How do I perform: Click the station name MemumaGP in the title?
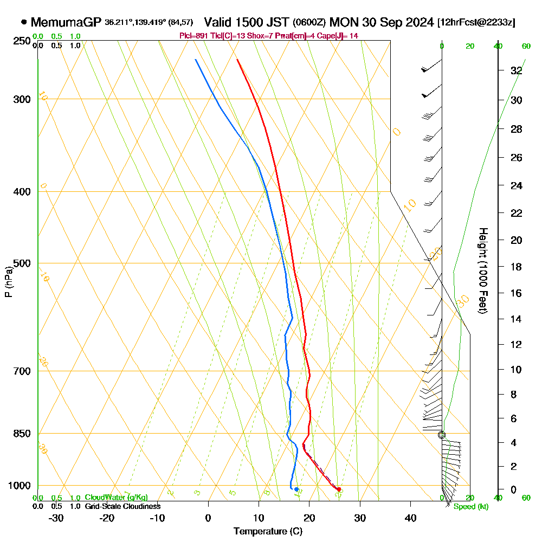pyautogui.click(x=66, y=23)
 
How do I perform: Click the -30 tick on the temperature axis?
pyautogui.click(x=56, y=518)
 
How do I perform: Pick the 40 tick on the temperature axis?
pyautogui.click(x=410, y=518)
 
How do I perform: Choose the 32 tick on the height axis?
pyautogui.click(x=517, y=70)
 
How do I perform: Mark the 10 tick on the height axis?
pyautogui.click(x=517, y=370)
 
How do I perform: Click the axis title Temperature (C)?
pyautogui.click(x=267, y=532)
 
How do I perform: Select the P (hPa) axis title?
pyautogui.click(x=8, y=281)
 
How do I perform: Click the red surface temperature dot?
pyautogui.click(x=339, y=489)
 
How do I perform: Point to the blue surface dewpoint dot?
pyautogui.click(x=296, y=489)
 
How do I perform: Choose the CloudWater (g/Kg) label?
pyautogui.click(x=116, y=498)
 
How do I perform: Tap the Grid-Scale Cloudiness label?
pyautogui.click(x=122, y=506)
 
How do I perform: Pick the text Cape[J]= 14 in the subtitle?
pyautogui.click(x=339, y=36)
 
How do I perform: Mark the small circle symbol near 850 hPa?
pyautogui.click(x=442, y=435)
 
